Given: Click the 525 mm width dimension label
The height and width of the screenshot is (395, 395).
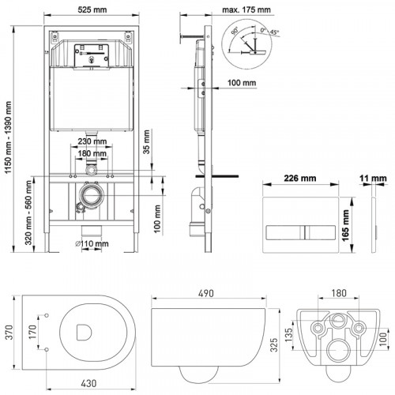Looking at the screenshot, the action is click(x=92, y=9).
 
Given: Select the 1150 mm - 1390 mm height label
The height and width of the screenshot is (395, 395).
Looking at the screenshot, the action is click(x=9, y=137).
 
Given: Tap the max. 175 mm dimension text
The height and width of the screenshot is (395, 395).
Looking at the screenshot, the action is click(x=246, y=9).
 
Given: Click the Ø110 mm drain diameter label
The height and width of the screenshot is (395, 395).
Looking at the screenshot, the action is click(x=92, y=243).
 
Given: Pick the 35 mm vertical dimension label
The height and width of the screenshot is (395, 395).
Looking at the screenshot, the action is click(x=146, y=141).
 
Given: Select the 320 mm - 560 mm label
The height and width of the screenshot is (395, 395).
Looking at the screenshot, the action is click(x=28, y=213).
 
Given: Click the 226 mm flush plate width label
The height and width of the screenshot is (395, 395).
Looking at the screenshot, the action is click(x=300, y=179).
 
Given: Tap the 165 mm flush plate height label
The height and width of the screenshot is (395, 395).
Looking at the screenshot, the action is click(x=345, y=225).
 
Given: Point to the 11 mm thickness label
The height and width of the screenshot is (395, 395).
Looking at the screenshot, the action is click(x=373, y=179).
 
